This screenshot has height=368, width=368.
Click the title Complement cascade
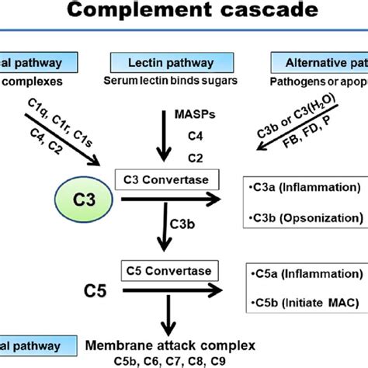point(183,14)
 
